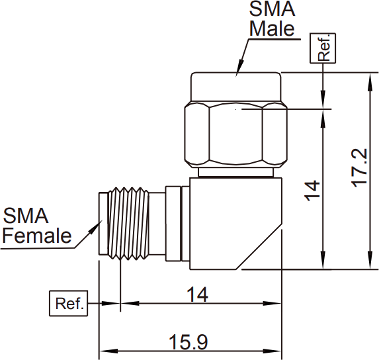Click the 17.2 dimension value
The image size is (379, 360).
pyautogui.click(x=359, y=168)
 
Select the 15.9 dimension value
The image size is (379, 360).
pyautogui.click(x=189, y=342)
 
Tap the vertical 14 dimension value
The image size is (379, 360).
pyautogui.click(x=312, y=191)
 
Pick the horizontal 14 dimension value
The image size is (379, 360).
pyautogui.click(x=198, y=294)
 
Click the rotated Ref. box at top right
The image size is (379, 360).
pyautogui.click(x=323, y=48)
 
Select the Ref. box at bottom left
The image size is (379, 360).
pyautogui.click(x=69, y=304)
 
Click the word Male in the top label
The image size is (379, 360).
pyautogui.click(x=272, y=28)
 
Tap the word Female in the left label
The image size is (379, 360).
pyautogui.click(x=37, y=236)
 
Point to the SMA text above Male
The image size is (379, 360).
pyautogui.click(x=272, y=9)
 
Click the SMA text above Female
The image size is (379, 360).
pyautogui.click(x=26, y=216)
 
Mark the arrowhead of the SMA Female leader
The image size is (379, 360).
pyautogui.click(x=96, y=227)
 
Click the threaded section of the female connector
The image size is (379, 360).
pyautogui.click(x=129, y=224)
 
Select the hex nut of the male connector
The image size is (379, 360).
pyautogui.click(x=236, y=134)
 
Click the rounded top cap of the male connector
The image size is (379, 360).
pyautogui.click(x=236, y=87)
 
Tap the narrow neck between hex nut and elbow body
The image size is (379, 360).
pyautogui.click(x=236, y=172)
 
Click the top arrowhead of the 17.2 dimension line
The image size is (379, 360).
pyautogui.click(x=370, y=81)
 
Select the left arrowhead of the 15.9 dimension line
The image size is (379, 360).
pyautogui.click(x=108, y=351)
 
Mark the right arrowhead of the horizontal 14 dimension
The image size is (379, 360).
pyautogui.click(x=272, y=304)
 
